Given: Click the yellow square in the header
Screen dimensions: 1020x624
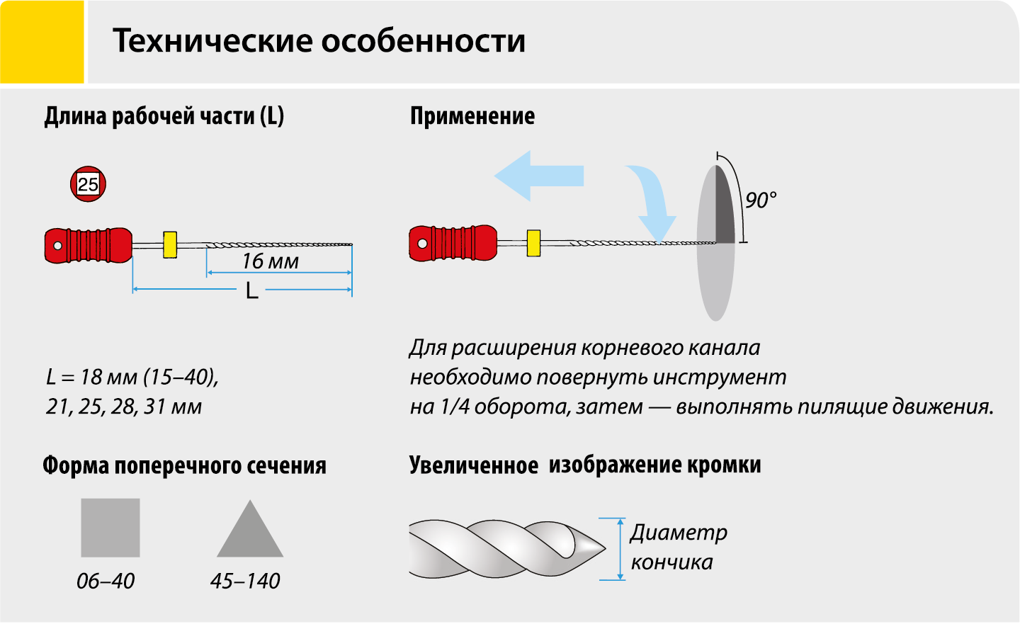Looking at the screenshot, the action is (42, 42).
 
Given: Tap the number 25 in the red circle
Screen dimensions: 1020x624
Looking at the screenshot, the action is (88, 184).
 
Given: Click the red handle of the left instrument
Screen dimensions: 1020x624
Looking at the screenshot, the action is (89, 246).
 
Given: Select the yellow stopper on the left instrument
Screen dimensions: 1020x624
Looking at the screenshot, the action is (170, 245).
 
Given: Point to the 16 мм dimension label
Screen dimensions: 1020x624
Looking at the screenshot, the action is (271, 261).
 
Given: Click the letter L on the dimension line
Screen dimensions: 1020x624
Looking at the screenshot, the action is (252, 290).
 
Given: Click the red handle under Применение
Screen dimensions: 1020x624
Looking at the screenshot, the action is (453, 243).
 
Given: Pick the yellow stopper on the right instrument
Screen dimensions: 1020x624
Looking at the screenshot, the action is (533, 243).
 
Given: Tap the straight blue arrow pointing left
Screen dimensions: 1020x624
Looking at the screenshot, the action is (538, 176).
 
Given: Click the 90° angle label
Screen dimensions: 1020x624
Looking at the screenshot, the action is (761, 200).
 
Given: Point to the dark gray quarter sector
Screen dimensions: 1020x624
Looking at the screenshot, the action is (725, 210).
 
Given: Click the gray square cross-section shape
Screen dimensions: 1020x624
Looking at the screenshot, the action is (110, 528).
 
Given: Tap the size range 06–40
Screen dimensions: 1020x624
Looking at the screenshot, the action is (106, 582).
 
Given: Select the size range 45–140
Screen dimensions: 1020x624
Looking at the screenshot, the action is (245, 582).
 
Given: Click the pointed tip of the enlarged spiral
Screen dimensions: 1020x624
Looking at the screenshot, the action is (605, 549).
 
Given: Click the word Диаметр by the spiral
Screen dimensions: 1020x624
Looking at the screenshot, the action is (679, 533).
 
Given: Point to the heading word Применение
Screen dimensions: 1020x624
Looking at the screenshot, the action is (472, 116).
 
